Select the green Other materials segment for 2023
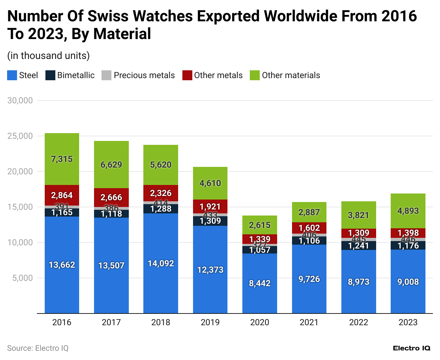tap(408, 211)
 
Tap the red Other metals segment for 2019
tap(210, 206)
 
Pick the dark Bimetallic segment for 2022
tap(358, 246)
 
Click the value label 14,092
tap(161, 263)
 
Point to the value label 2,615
tap(259, 225)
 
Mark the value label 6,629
tap(111, 165)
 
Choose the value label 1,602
tap(309, 228)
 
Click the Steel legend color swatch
tap(12, 75)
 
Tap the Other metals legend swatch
tap(187, 75)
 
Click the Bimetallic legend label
tap(76, 75)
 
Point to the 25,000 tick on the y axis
tap(20, 136)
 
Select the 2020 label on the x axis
tap(259, 322)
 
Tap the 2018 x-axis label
tap(161, 322)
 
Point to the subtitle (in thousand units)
tap(48, 56)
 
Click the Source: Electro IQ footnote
tap(38, 348)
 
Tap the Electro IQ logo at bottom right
tap(411, 348)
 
